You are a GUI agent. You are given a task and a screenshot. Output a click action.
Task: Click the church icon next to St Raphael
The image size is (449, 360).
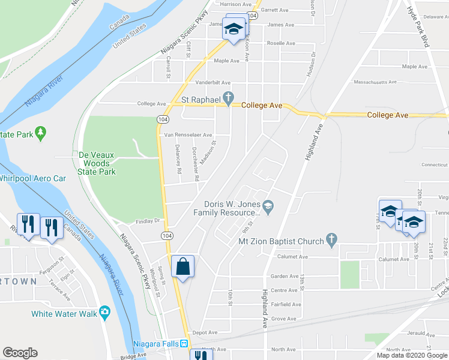(x=228, y=97)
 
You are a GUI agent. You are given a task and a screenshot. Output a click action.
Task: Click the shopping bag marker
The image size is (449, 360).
(x=182, y=266)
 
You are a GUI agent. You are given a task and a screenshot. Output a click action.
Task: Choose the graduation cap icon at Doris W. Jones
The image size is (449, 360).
(x=268, y=207)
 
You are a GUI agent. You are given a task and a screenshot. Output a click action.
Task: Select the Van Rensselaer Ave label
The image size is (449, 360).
(x=188, y=135)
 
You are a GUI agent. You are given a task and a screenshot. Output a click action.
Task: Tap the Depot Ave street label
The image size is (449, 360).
(x=205, y=332)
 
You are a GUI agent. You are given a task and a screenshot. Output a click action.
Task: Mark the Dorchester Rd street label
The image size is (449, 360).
(x=196, y=164)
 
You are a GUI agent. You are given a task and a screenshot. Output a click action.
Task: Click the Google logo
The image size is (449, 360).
(x=20, y=353)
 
